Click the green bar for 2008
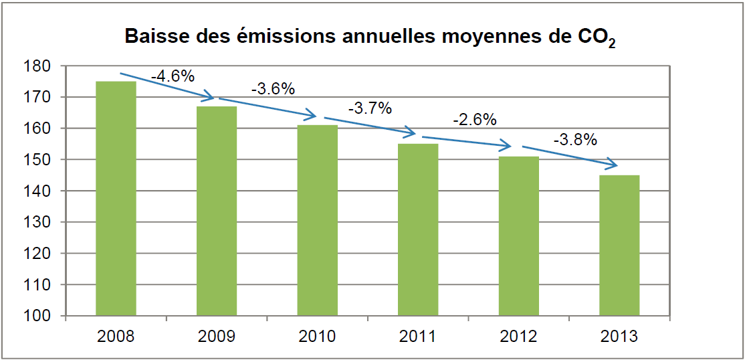[116, 198]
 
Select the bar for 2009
[217, 211]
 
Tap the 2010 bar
[317, 220]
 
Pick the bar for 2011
[418, 230]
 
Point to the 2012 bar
[518, 236]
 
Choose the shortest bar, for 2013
[619, 245]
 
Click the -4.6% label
[173, 76]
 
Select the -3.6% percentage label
[273, 88]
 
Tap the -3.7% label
[370, 108]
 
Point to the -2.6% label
[474, 120]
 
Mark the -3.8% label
[575, 141]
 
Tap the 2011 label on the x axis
[418, 335]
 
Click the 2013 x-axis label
[619, 335]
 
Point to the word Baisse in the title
[155, 37]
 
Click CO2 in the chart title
[597, 38]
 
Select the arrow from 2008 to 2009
[167, 86]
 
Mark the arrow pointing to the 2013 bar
[568, 155]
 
